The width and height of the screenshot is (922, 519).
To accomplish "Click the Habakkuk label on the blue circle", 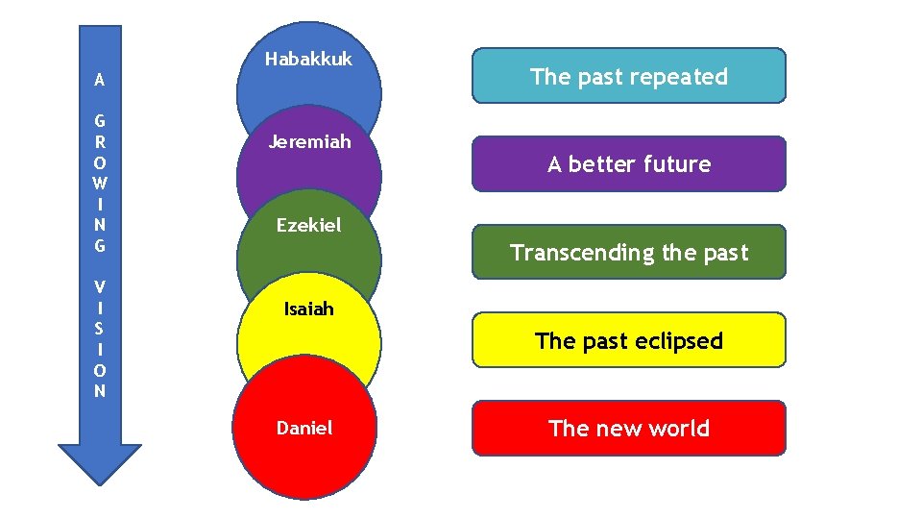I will pos(308,60).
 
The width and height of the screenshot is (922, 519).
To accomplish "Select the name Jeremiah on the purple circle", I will pos(308,142).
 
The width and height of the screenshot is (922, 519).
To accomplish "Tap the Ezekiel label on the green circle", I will pos(308,226).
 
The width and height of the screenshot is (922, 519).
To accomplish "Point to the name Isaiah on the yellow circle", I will pos(308,309).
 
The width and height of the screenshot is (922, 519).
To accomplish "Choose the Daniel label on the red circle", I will pos(304,429).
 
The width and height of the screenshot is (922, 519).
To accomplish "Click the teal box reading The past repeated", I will pos(628,76).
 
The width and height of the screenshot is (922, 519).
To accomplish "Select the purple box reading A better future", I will pos(628,164).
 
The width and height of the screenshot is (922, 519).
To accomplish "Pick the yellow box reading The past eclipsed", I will pos(628,340).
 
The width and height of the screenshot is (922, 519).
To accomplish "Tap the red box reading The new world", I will pos(628,429).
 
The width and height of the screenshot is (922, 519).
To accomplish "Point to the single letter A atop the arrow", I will pos(100,81).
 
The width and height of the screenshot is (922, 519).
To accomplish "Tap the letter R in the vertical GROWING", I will pos(100,142).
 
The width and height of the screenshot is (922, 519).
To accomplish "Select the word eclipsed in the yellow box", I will pos(679,341).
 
